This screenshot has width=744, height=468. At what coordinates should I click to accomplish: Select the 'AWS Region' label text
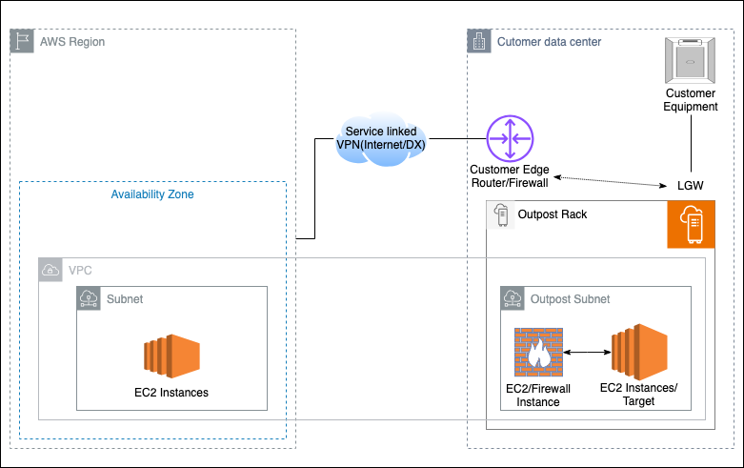point(72,42)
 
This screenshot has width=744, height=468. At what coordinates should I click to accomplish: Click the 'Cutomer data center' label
point(549,42)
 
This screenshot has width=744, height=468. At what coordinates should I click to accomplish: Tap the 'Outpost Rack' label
point(552,214)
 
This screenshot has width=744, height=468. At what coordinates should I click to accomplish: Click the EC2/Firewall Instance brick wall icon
point(538,353)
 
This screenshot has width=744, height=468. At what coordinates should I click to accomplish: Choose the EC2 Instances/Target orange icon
point(638,352)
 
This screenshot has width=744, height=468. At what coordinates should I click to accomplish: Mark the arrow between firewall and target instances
point(587,353)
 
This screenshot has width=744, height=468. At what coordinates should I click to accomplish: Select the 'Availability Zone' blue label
point(152,193)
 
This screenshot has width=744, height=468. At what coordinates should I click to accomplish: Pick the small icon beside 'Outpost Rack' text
point(499,214)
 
